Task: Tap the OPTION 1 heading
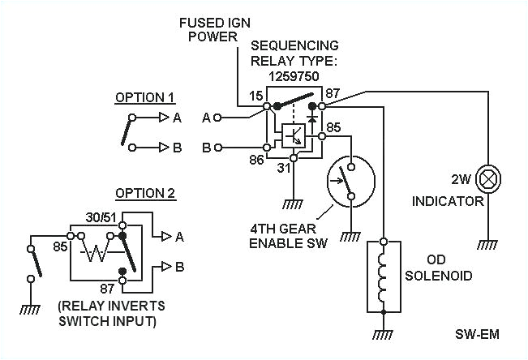(x=144, y=97)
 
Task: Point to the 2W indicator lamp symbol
(x=488, y=177)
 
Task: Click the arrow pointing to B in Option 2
(x=167, y=267)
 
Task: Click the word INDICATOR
(x=448, y=199)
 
